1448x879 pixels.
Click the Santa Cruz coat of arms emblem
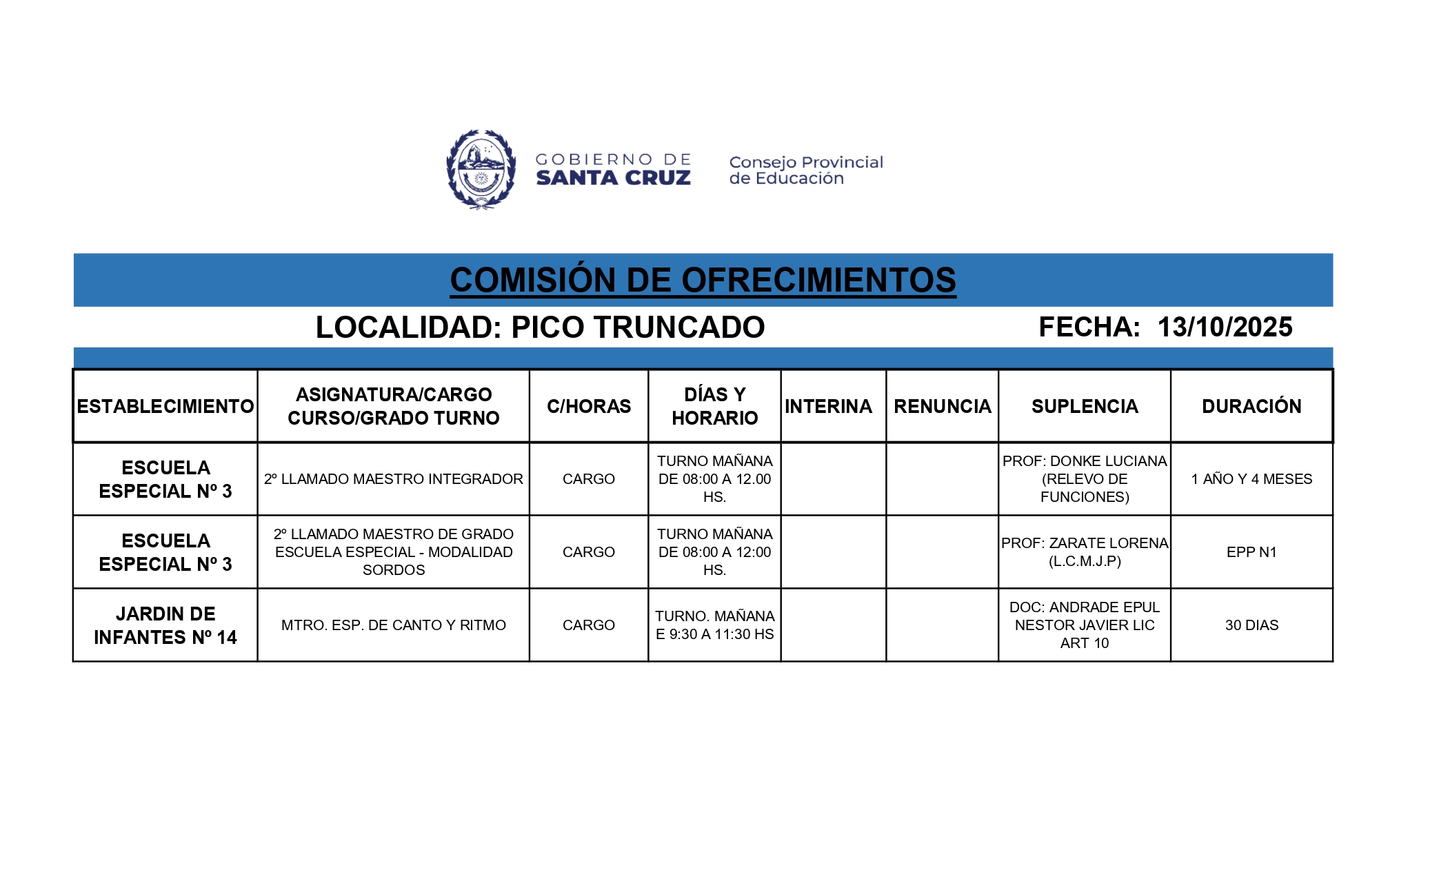(x=481, y=170)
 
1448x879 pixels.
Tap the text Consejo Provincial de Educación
(x=805, y=170)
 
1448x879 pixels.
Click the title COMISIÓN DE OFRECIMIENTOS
(x=703, y=280)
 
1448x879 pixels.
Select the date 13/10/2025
(x=1225, y=327)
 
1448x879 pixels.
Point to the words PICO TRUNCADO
(x=638, y=327)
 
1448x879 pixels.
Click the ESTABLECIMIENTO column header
(x=165, y=407)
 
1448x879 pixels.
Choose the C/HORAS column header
(x=589, y=407)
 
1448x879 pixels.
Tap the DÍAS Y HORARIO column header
(x=714, y=407)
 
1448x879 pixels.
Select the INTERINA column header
(x=828, y=407)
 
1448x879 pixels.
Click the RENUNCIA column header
(x=942, y=407)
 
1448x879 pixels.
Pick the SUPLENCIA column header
(x=1085, y=407)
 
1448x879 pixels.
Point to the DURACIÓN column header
(x=1251, y=407)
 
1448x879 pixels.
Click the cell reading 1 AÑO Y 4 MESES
(x=1251, y=479)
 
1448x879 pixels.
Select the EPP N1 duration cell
(x=1251, y=552)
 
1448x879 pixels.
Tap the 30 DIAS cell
(x=1251, y=625)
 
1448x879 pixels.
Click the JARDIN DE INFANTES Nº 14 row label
(x=165, y=625)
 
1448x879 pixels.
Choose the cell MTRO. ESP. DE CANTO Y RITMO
(x=393, y=625)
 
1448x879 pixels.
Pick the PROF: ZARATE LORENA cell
(x=1085, y=552)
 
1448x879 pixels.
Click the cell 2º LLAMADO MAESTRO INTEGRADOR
(x=393, y=479)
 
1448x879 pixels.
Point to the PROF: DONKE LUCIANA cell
(x=1085, y=479)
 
